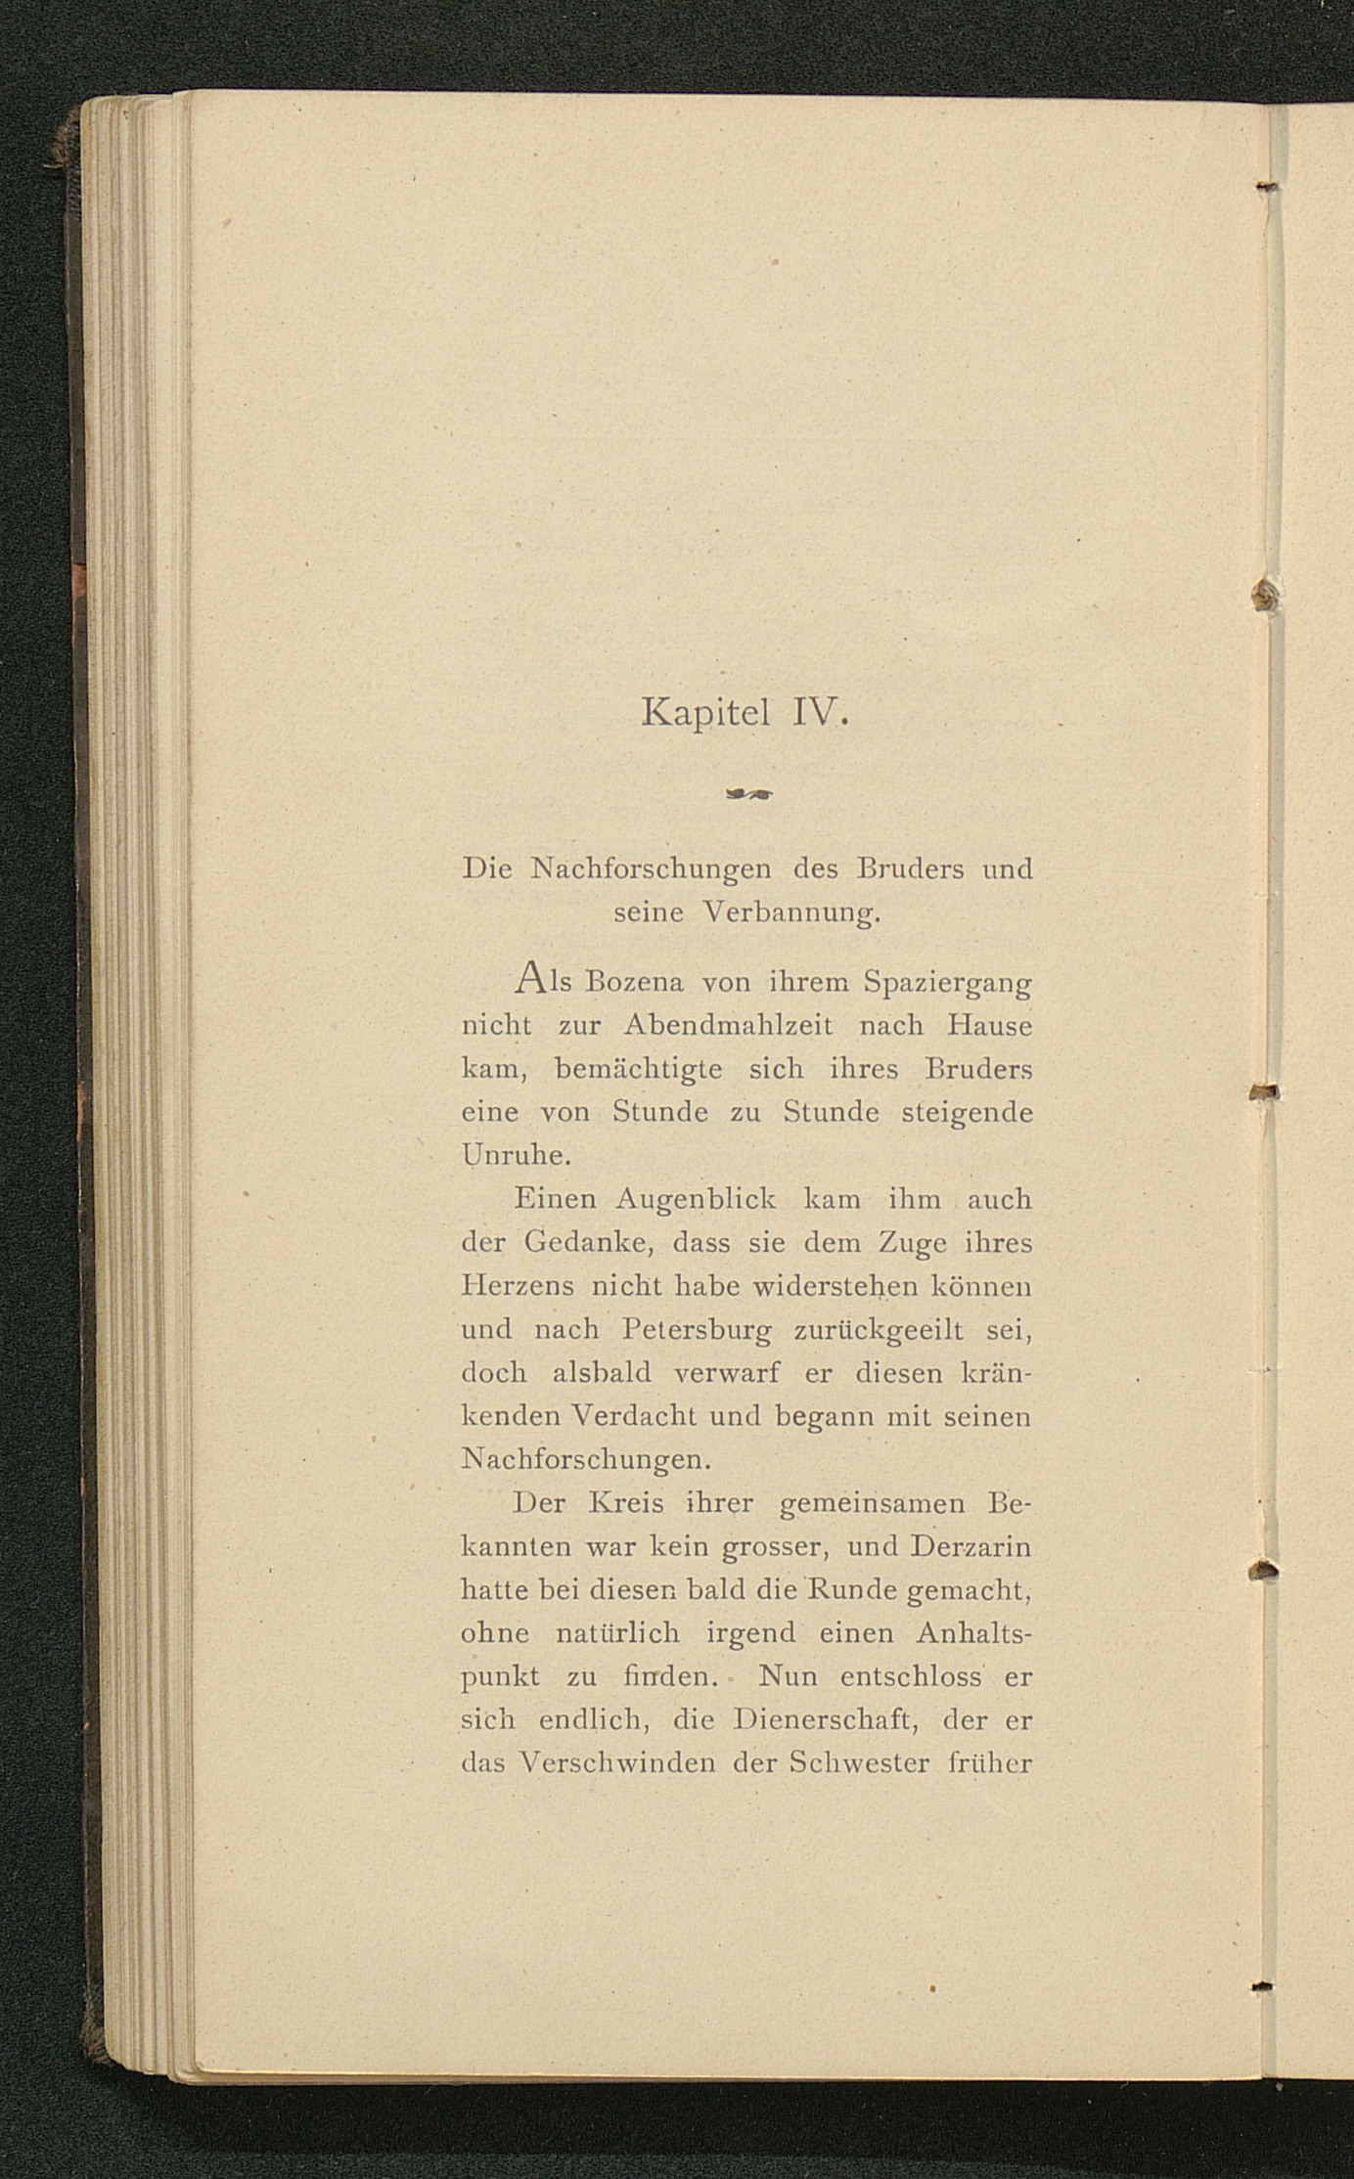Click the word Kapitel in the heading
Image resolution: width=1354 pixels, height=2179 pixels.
(x=704, y=714)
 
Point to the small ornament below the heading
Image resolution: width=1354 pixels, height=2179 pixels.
(x=748, y=796)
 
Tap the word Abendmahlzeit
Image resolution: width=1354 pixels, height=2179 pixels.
(x=728, y=1025)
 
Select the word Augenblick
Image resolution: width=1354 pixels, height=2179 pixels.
(x=696, y=1200)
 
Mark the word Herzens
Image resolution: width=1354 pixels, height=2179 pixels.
(x=518, y=1286)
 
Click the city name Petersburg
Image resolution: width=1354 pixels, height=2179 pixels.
(x=697, y=1331)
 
